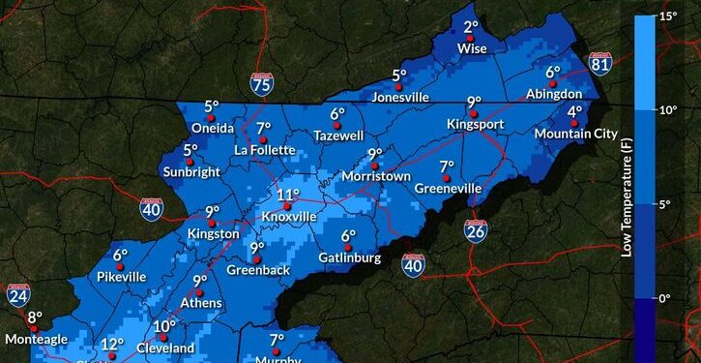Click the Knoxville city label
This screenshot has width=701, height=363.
pos(288,217)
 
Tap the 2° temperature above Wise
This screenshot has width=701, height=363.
pos(471,28)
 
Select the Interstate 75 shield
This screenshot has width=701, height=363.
pos(260,84)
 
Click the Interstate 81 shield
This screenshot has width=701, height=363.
pos(599,64)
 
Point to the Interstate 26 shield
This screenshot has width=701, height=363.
pos(475,229)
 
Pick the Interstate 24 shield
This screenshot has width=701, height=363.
pos(17,295)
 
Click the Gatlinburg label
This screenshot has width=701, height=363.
pos(350,258)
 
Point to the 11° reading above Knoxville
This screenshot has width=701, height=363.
pos(288,195)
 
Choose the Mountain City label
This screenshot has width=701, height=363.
pos(575,134)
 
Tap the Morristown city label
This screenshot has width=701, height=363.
pos(377,176)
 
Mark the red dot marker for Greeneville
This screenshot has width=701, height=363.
pos(447,178)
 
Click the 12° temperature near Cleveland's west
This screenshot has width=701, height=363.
pos(112,344)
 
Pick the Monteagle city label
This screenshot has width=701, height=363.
pos(35,339)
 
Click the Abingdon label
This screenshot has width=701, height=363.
pos(554,94)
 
